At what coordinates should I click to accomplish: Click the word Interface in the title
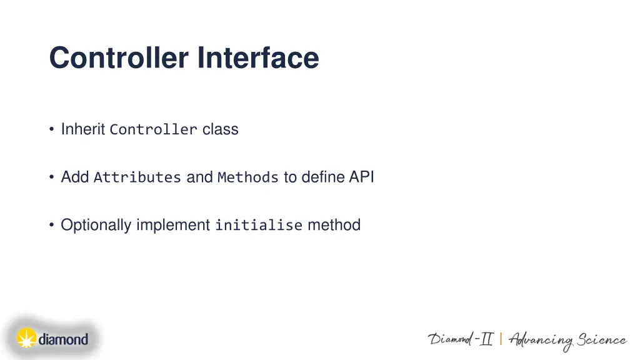(x=258, y=58)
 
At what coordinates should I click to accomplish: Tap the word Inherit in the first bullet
(x=82, y=129)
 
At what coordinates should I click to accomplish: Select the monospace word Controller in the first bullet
(x=153, y=130)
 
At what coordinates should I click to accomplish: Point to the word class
(x=220, y=129)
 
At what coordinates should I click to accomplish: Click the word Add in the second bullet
(x=74, y=177)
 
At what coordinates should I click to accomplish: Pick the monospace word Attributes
(x=137, y=177)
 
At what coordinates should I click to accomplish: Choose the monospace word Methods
(x=247, y=177)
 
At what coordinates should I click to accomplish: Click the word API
(x=361, y=177)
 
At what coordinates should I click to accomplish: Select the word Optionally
(x=96, y=226)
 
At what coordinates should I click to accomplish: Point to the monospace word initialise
(x=258, y=226)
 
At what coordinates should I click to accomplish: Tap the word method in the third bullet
(x=334, y=225)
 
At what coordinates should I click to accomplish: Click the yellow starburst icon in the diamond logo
(x=26, y=339)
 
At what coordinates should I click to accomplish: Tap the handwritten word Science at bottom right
(x=601, y=340)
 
